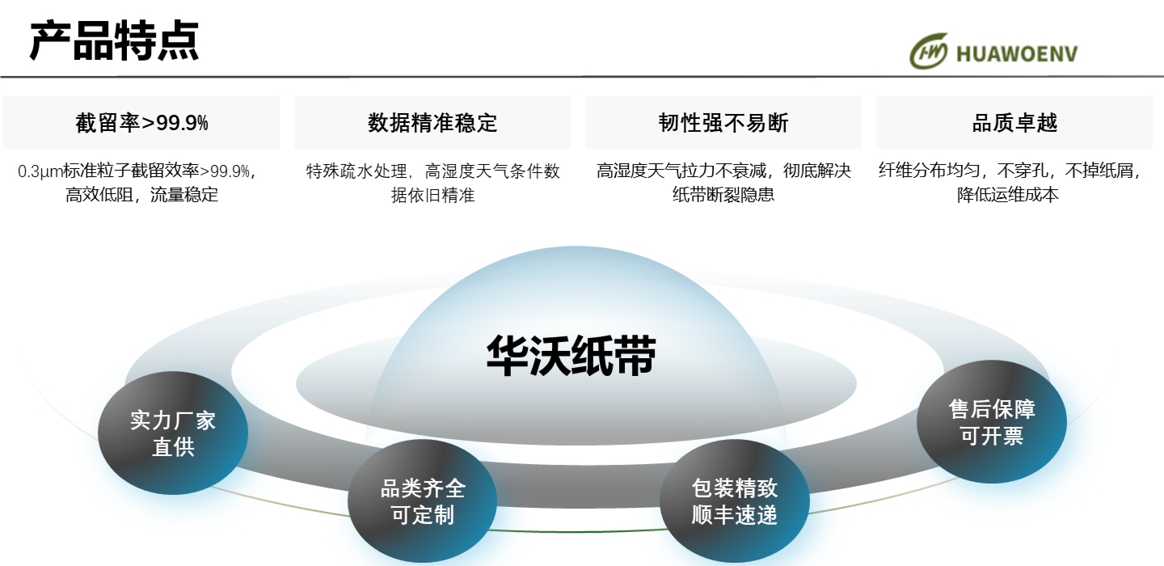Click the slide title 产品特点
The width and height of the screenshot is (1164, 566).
[x=114, y=41]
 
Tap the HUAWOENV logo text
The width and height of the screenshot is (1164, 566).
[x=1016, y=54]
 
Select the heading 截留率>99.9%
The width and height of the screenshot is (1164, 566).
[x=142, y=123]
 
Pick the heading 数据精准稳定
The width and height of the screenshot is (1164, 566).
[x=432, y=123]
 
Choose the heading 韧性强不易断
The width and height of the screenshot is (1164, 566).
[x=723, y=123]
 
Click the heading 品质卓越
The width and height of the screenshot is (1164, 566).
[x=1014, y=123]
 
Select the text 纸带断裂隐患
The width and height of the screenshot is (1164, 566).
[x=723, y=195]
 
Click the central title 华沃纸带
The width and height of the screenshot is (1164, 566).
[x=571, y=355]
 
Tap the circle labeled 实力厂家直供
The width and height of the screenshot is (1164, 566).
[x=173, y=433]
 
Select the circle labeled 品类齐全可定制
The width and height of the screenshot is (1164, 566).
[x=423, y=502]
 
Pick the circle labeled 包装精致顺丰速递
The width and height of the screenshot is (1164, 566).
[x=735, y=501]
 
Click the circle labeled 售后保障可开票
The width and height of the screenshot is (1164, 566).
[x=992, y=422]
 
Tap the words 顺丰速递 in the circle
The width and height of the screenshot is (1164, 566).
[x=735, y=515]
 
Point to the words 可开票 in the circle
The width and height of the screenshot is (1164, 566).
[x=992, y=436]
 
